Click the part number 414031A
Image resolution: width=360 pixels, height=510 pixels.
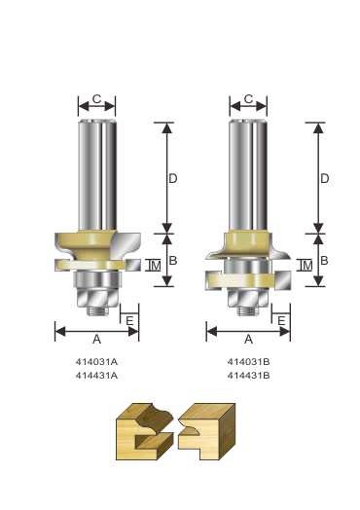[96, 362]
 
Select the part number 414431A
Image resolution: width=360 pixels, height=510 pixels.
[96, 376]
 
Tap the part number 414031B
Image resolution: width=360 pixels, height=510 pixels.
[248, 362]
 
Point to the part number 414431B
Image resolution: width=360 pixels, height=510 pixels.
[248, 376]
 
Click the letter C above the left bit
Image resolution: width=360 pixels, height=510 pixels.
[96, 99]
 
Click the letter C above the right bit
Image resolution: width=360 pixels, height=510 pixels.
[248, 99]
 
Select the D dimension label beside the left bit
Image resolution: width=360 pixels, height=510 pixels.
[173, 178]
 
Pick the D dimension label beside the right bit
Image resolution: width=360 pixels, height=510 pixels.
[325, 178]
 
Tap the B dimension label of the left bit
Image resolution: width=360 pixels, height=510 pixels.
[173, 261]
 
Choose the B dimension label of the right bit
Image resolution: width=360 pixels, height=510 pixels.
[324, 261]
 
